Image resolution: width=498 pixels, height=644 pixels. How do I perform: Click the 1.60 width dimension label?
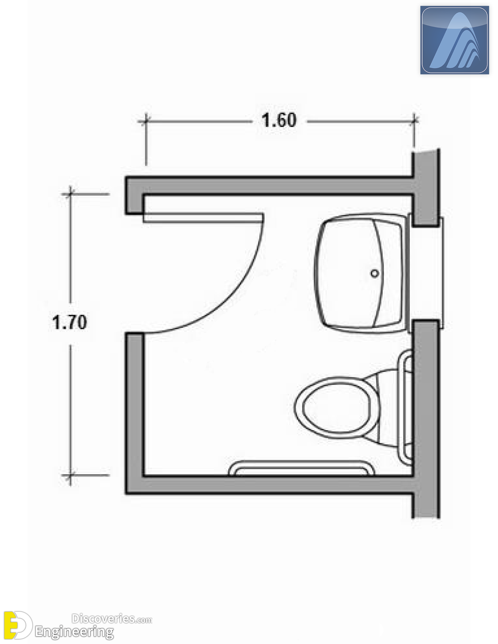(x=279, y=120)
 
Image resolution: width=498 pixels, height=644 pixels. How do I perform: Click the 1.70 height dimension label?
(x=70, y=323)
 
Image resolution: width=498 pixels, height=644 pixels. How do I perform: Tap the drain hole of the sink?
(x=374, y=273)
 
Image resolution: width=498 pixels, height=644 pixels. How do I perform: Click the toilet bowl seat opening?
(x=336, y=408)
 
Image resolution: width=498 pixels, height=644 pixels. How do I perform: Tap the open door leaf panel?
(x=203, y=218)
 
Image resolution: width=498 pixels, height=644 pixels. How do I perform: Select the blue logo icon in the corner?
(x=455, y=40)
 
